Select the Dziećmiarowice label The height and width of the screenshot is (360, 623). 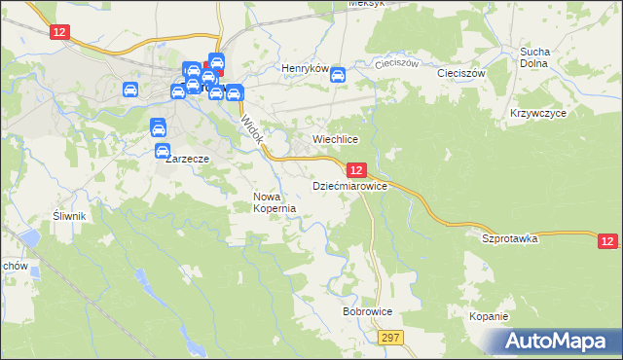(x=349, y=185)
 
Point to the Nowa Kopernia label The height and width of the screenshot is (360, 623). (x=274, y=202)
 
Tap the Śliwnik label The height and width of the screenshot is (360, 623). (x=71, y=216)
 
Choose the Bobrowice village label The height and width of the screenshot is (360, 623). (x=367, y=312)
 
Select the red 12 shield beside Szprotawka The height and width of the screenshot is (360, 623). (x=607, y=240)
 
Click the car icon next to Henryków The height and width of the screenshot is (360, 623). (x=338, y=75)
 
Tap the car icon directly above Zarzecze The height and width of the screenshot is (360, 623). (x=159, y=127)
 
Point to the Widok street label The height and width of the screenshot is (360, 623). (x=251, y=130)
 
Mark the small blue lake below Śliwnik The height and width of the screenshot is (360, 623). (x=31, y=237)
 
